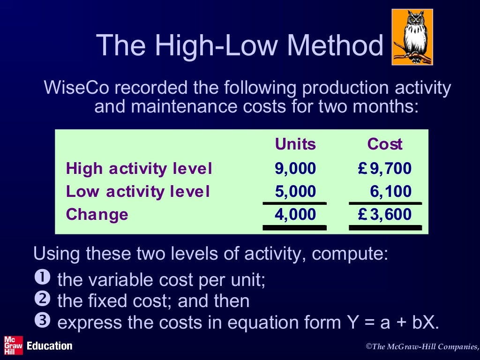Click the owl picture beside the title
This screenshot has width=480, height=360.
click(x=412, y=37)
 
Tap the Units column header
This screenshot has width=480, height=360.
click(x=295, y=144)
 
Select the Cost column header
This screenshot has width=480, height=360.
click(x=385, y=144)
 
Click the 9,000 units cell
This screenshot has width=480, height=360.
click(x=295, y=168)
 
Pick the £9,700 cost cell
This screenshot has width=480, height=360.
click(x=384, y=168)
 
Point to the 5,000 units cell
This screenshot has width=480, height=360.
click(x=295, y=191)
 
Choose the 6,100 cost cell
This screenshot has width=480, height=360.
click(x=390, y=191)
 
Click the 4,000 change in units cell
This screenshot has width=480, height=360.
click(x=295, y=215)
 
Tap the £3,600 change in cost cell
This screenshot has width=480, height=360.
click(x=384, y=215)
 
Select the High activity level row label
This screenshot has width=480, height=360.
click(x=139, y=168)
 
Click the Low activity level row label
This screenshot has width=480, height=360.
click(x=138, y=191)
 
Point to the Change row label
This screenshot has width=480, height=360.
click(x=97, y=215)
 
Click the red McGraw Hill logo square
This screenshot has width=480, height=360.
click(x=13, y=345)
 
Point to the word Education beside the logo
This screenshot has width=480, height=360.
click(x=50, y=346)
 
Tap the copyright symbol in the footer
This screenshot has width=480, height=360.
click(x=368, y=346)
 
